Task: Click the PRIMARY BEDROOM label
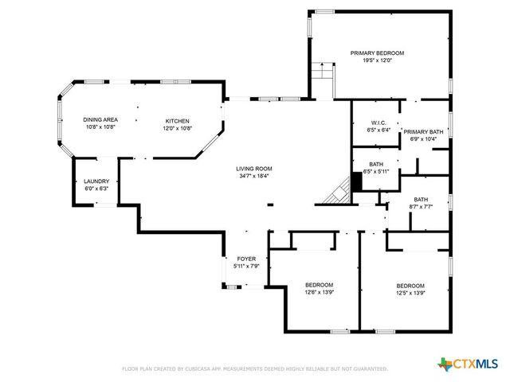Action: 377,53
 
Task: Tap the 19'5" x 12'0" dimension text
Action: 377,60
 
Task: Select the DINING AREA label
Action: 100,119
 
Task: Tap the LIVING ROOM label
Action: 253,169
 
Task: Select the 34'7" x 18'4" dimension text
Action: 253,176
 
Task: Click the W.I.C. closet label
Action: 379,123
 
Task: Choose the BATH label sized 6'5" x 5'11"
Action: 375,164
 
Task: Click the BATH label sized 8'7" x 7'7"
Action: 422,200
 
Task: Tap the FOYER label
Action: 245,259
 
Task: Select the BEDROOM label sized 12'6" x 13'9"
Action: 319,285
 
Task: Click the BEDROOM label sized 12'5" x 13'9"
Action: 410,286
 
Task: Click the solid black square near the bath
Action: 356,181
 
